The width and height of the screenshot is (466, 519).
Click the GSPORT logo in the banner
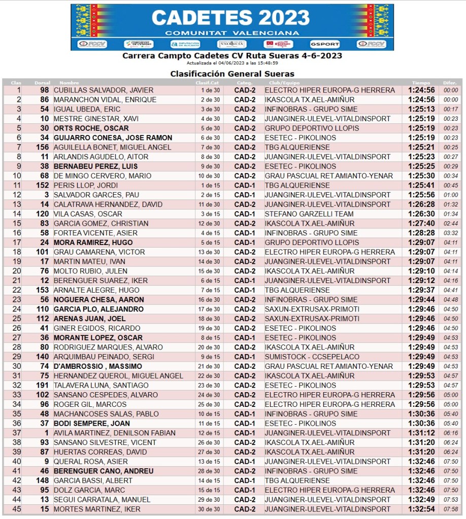pos(324,44)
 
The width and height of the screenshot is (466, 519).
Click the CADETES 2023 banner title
pos(230,18)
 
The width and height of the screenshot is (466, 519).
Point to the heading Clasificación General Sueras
pos(232,74)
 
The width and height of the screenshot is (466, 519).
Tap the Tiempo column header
pos(420,82)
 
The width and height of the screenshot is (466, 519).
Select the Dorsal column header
pos(43,82)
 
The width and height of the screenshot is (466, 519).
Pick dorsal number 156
pos(42,147)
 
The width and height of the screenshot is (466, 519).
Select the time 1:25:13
pos(421,109)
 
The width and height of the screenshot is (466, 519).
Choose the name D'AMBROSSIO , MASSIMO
pos(98,366)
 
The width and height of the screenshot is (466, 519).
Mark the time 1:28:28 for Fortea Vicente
pos(421,233)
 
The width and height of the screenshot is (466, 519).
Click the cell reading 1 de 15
pos(210,185)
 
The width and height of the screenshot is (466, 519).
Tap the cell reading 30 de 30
pos(210,509)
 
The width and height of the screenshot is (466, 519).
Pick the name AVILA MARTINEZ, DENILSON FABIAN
pos(115,433)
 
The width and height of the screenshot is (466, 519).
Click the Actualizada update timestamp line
pos(232,63)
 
